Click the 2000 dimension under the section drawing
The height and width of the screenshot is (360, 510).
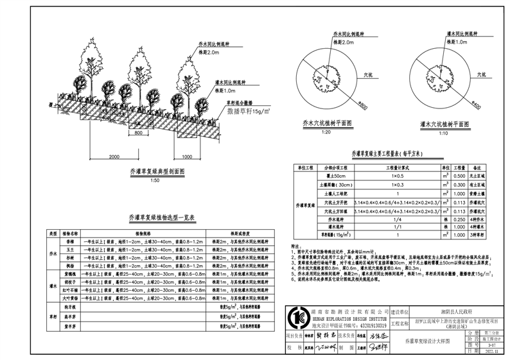(x=115, y=156)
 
